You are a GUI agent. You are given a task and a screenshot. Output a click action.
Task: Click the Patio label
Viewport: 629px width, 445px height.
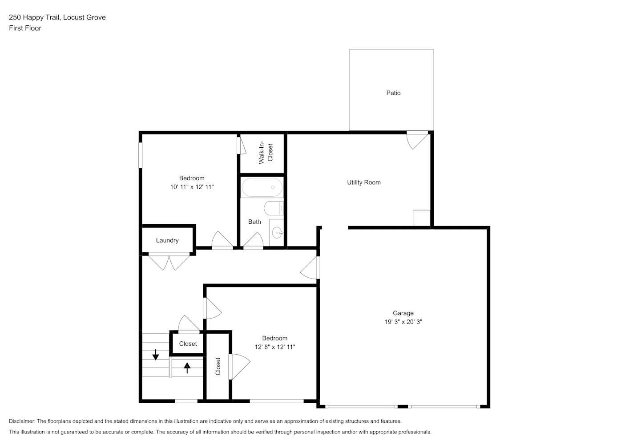point(393,93)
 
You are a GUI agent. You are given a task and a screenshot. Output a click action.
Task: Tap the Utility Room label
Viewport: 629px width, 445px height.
point(363,182)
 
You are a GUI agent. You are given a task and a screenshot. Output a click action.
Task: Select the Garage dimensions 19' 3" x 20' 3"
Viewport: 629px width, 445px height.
point(403,322)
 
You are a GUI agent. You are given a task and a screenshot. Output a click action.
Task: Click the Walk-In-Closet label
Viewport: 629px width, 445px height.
point(266,153)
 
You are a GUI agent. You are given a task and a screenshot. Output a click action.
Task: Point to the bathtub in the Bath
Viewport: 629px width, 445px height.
point(262,187)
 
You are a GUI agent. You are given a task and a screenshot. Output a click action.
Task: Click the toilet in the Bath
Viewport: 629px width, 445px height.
point(274,208)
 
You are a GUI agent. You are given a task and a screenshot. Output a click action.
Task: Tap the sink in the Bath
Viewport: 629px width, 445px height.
point(277,233)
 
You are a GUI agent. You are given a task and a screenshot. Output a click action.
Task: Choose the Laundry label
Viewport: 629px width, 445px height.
point(167,240)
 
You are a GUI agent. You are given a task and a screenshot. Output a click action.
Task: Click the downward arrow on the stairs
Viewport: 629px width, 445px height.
point(156,355)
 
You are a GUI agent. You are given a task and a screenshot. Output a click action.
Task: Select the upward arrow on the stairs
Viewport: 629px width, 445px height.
point(187,368)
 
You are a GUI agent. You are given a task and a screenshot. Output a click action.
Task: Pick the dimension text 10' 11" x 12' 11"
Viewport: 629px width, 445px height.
point(192,187)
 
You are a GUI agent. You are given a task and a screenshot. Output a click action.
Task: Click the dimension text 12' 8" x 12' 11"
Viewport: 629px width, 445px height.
point(274,347)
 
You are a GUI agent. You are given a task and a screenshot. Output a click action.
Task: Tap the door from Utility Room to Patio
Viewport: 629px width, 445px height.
point(418,140)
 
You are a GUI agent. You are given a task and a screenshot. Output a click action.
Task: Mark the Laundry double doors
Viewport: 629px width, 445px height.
point(169,262)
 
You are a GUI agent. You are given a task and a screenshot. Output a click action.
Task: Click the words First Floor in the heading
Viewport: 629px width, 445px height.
point(25,28)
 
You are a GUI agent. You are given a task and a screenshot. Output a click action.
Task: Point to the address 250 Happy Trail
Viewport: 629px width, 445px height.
point(34,17)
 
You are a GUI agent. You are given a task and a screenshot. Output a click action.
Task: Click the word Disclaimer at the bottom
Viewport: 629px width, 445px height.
point(22,421)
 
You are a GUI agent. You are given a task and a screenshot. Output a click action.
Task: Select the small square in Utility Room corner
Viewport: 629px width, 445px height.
point(422,218)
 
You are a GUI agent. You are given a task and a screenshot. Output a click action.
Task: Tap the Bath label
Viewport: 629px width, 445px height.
point(254,222)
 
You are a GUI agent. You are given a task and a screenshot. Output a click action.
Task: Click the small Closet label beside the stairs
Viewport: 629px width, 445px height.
point(188,344)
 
